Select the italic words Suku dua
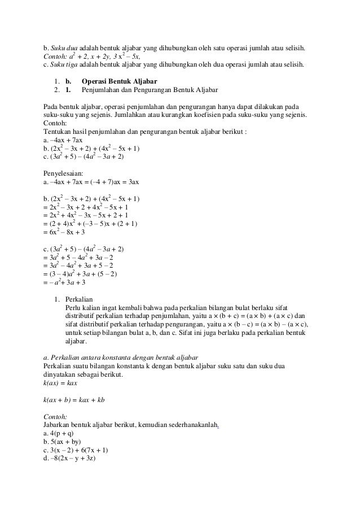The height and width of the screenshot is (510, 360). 62,46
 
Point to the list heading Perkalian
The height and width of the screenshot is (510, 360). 79,299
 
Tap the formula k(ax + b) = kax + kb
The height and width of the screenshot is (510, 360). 74,400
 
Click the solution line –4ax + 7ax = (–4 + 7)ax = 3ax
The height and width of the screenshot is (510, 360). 95,183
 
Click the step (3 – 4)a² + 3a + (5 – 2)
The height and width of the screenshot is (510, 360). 85,274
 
